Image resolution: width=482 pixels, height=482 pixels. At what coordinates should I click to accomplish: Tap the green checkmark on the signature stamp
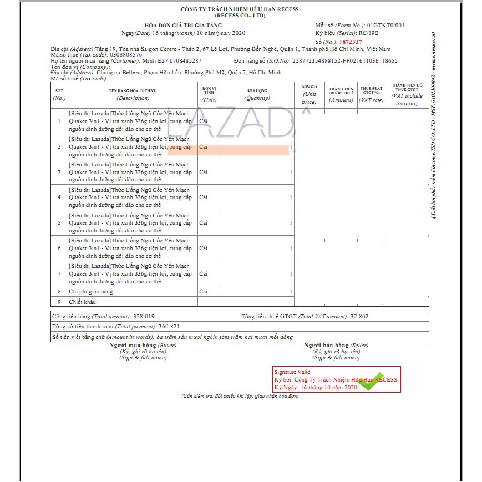[373, 382]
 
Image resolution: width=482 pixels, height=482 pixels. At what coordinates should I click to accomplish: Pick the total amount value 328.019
[144, 316]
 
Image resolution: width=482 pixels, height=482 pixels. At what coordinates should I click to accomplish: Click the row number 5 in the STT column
[59, 222]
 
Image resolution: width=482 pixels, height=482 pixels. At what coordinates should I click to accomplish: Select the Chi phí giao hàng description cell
[91, 291]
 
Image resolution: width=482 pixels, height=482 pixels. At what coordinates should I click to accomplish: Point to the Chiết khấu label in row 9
[83, 302]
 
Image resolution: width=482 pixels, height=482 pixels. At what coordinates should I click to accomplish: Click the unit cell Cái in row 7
[204, 273]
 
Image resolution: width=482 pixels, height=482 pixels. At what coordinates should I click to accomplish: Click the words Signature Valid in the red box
[292, 372]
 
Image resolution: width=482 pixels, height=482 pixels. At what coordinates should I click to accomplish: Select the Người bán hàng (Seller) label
[336, 345]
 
